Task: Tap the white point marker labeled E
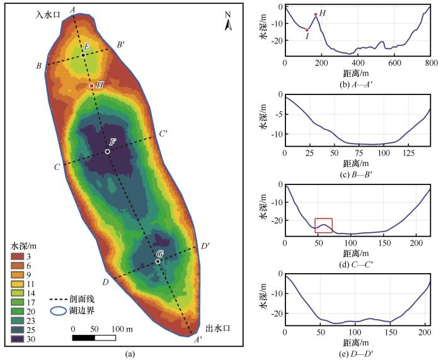pyautogui.click(x=83, y=54)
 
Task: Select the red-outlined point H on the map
pyautogui.click(x=92, y=86)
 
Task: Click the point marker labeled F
pyautogui.click(x=108, y=151)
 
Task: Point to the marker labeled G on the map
pyautogui.click(x=158, y=261)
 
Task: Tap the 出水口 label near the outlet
pyautogui.click(x=217, y=329)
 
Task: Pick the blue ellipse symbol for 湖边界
pyautogui.click(x=60, y=310)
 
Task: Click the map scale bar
pyautogui.click(x=94, y=339)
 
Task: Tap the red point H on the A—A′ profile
pyautogui.click(x=316, y=14)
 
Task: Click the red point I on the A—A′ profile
pyautogui.click(x=307, y=30)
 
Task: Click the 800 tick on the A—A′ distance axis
pyautogui.click(x=430, y=63)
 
